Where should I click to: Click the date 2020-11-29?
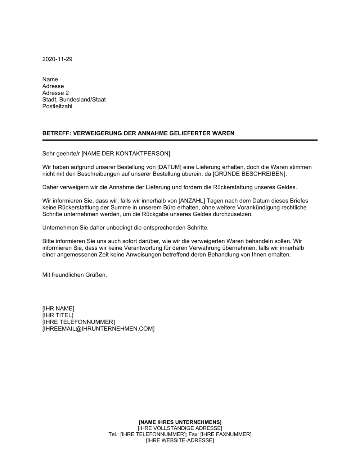(57, 59)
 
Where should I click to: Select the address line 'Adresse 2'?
(55, 93)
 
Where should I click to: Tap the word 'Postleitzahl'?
(57, 106)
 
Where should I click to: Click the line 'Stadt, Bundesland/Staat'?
(74, 100)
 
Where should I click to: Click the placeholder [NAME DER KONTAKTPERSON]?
(126, 154)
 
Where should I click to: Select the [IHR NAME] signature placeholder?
(58, 308)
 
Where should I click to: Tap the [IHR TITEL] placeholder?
(58, 315)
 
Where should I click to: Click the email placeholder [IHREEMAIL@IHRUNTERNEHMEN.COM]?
(98, 329)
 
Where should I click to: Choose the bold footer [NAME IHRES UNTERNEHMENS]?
(180, 422)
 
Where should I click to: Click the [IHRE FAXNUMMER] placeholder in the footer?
(226, 434)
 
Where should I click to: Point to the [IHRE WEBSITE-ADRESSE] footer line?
(180, 440)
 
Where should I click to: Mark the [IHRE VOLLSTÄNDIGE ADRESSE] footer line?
(180, 428)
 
